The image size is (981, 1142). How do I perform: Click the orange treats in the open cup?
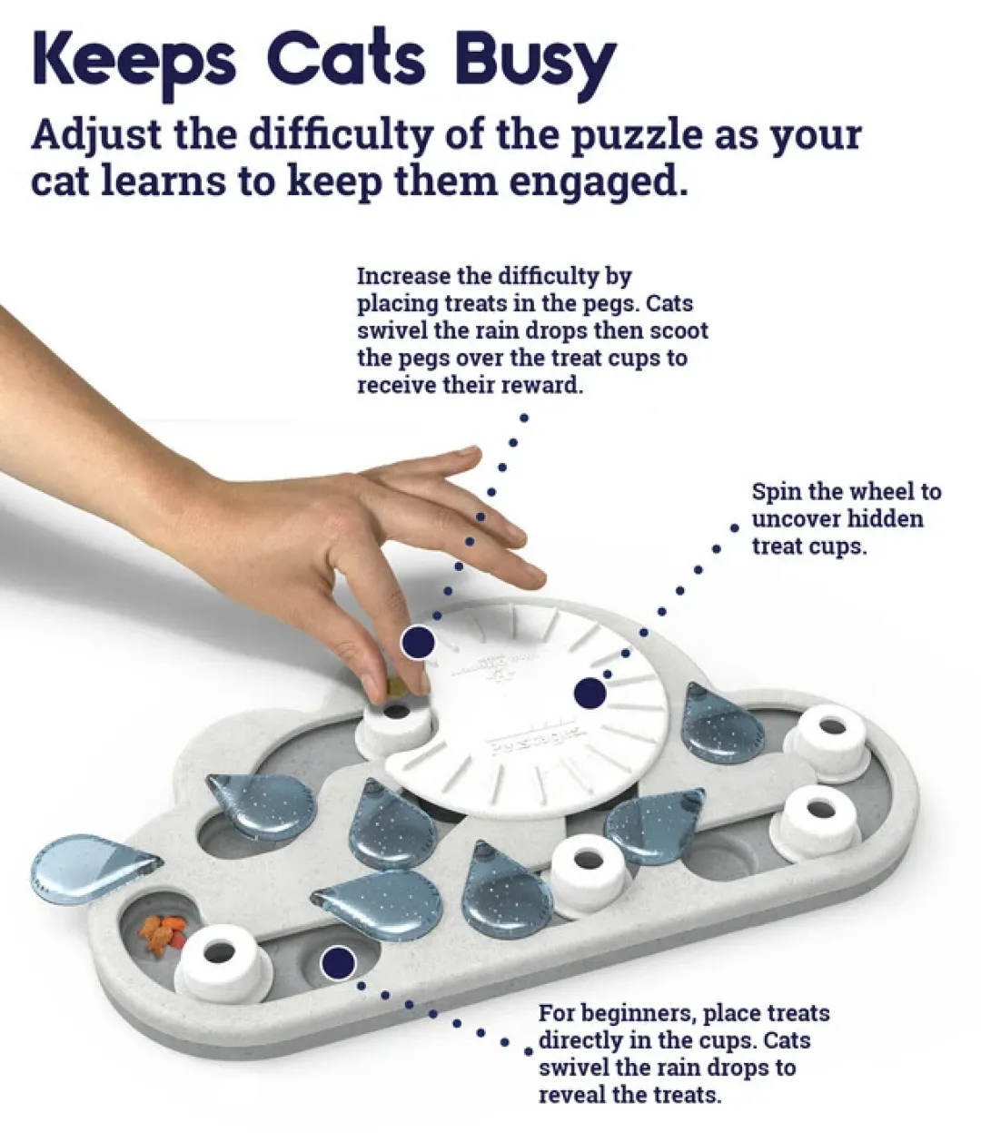162,936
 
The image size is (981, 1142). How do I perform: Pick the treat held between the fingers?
395,687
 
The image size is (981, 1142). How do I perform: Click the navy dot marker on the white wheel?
590,693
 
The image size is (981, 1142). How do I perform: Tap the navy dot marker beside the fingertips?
418,643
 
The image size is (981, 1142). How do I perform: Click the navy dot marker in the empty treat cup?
338,962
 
